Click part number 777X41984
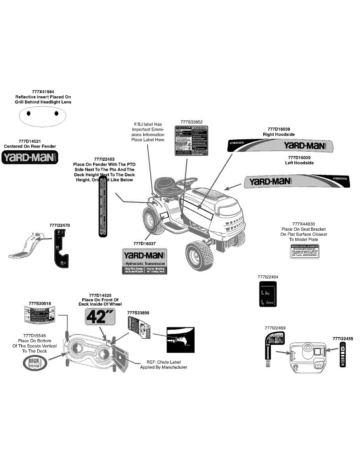click(x=43, y=91)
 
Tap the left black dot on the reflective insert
click(x=28, y=113)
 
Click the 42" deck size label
click(x=97, y=317)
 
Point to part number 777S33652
click(x=191, y=122)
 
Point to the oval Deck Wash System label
click(x=36, y=363)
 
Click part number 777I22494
click(x=268, y=277)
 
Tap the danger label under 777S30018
click(x=39, y=314)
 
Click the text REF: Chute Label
click(x=163, y=362)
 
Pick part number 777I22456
click(x=343, y=339)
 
